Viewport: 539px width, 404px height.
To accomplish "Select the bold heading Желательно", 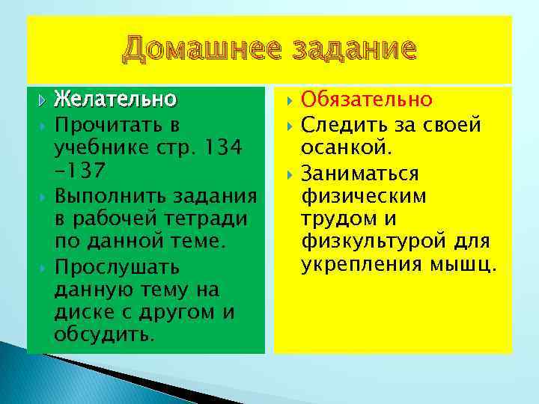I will click(115, 99).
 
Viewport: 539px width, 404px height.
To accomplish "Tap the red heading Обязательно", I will click(366, 99).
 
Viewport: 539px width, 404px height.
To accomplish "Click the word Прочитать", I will click(107, 122).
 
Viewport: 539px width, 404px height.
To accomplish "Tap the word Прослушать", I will click(117, 267).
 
